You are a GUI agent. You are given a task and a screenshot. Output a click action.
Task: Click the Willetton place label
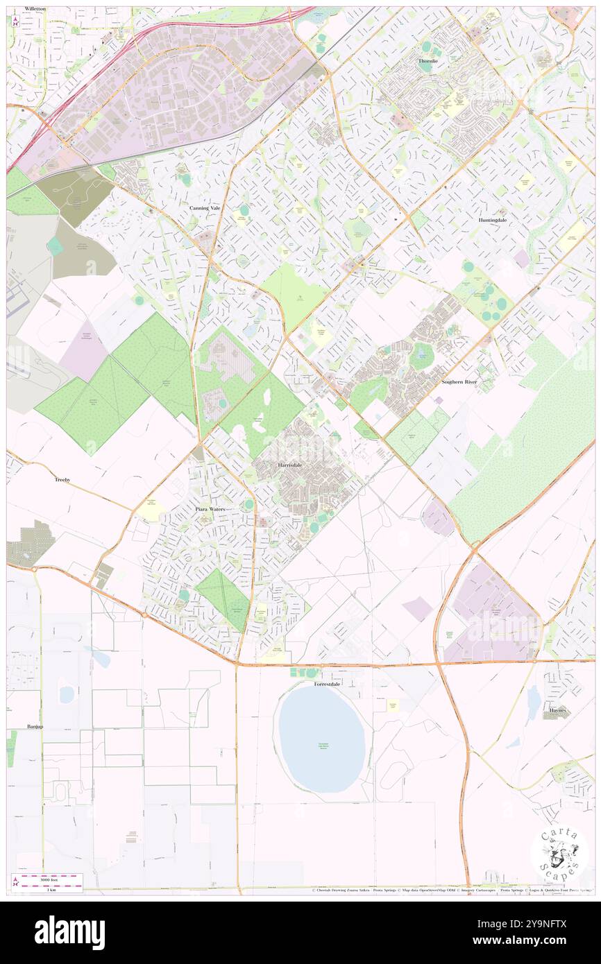34,8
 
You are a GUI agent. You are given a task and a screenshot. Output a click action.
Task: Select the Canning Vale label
204,207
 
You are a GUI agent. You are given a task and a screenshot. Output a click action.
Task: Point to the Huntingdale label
493,219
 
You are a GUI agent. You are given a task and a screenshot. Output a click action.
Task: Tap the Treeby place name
62,479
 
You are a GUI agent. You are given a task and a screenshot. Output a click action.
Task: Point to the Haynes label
559,710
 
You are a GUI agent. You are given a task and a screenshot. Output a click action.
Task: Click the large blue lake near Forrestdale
321,739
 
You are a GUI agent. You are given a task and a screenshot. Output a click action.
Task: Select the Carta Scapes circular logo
559,854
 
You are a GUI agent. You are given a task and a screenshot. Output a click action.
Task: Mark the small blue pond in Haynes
532,704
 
